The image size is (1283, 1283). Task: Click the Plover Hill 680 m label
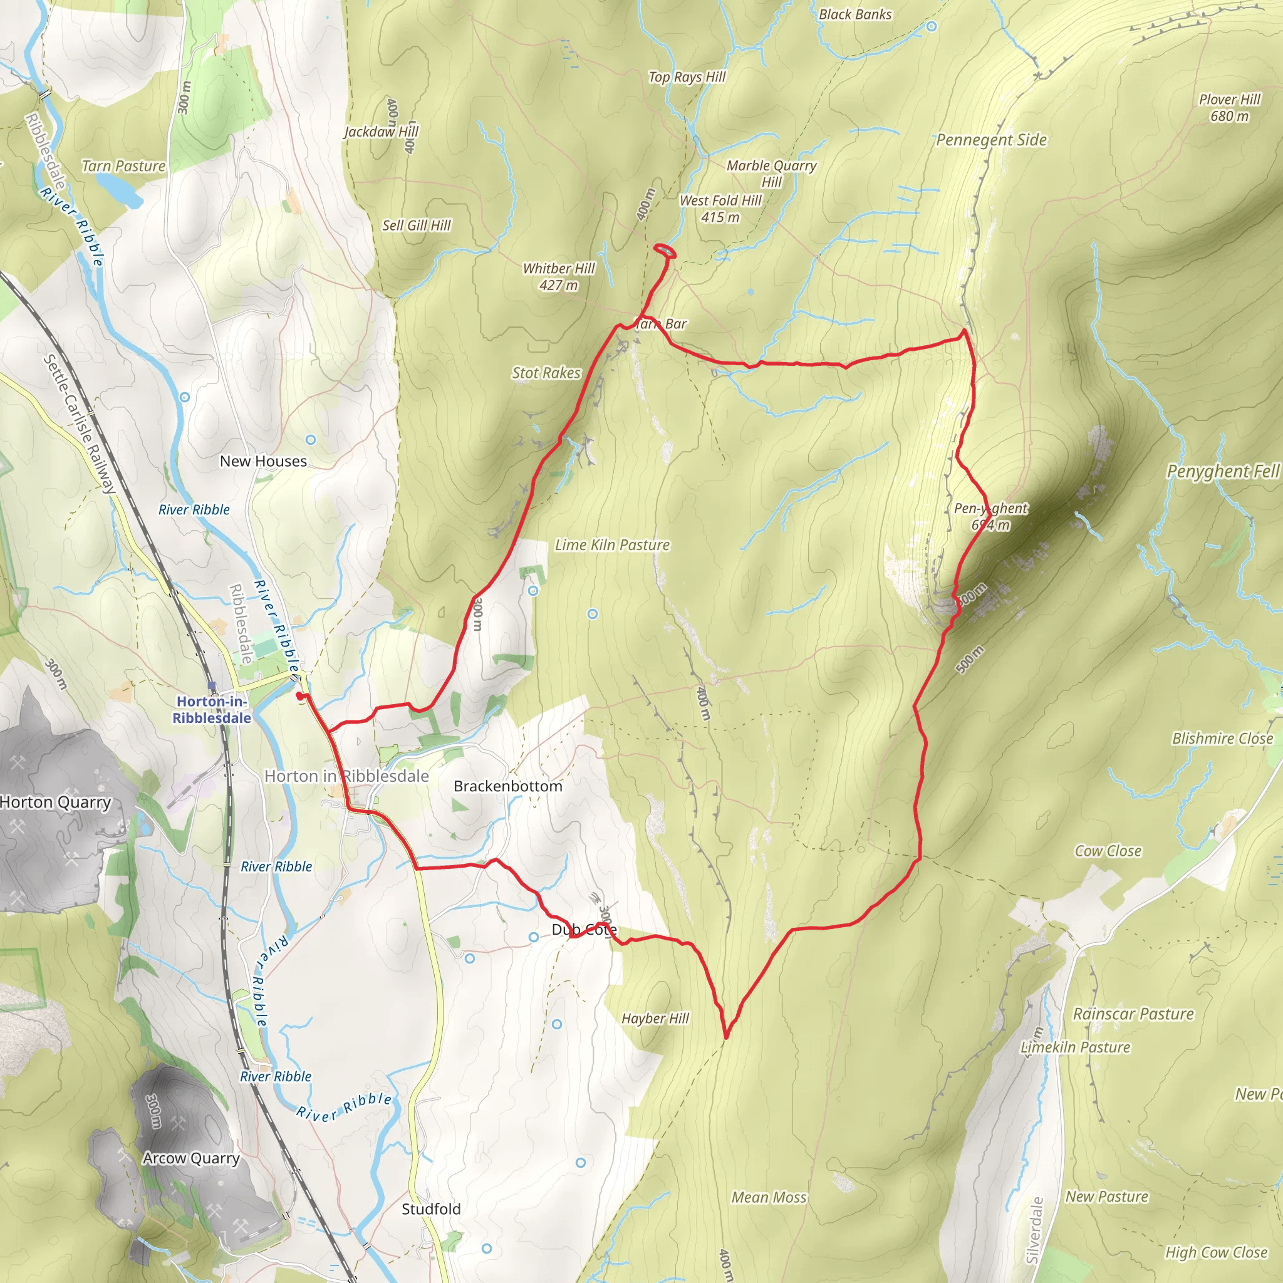click(x=1228, y=108)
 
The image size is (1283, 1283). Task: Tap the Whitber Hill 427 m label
click(x=558, y=276)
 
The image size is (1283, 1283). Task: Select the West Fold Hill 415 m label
click(x=720, y=209)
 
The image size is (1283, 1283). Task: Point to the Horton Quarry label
click(x=55, y=803)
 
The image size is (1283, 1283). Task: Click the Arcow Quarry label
click(x=190, y=1159)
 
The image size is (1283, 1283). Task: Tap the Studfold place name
click(x=431, y=1208)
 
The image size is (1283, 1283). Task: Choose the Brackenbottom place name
click(x=507, y=786)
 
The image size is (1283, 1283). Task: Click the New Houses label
click(x=263, y=461)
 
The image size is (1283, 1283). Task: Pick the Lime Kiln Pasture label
click(x=611, y=545)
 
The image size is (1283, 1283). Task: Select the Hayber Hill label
click(x=655, y=1019)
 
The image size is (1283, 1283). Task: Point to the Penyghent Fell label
click(x=1223, y=472)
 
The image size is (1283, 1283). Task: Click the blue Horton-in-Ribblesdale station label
click(x=212, y=710)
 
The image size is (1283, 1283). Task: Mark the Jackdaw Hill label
click(x=380, y=132)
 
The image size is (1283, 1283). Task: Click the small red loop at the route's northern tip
click(x=665, y=251)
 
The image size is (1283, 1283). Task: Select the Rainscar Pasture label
click(x=1133, y=1014)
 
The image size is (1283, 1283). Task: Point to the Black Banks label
click(x=854, y=14)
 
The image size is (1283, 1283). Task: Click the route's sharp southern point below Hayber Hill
click(x=727, y=1037)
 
